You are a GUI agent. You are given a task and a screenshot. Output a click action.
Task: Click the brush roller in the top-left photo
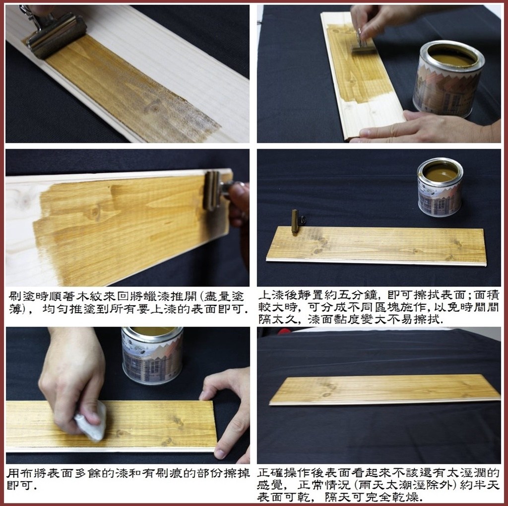56,35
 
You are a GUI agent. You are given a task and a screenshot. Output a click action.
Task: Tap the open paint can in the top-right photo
448,78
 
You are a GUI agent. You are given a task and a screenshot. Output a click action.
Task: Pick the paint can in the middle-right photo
440,187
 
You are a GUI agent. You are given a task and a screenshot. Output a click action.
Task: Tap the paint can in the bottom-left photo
152,355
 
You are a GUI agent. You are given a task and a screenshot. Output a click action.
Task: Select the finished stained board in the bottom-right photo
384,390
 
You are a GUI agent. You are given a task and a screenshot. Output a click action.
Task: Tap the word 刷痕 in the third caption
160,473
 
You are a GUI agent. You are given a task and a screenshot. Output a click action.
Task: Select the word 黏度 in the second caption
346,319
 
